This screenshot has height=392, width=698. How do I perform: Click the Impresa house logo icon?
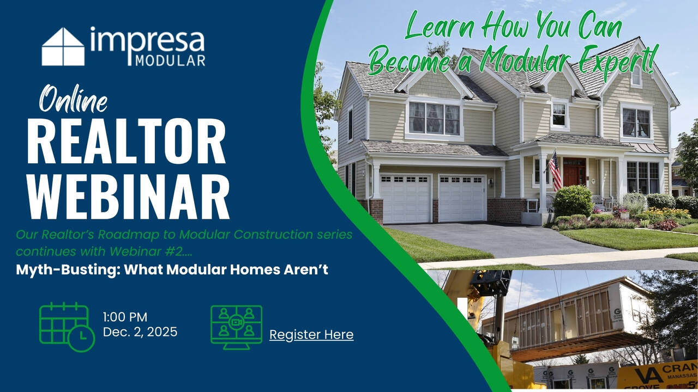tap(63, 47)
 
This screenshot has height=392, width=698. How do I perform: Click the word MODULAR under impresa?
tap(170, 60)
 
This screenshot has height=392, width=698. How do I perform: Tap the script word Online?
tap(73, 99)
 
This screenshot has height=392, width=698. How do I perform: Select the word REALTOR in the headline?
tap(126, 141)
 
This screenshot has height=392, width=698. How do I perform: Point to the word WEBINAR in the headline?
tap(128, 197)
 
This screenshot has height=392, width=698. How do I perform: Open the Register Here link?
tap(311, 335)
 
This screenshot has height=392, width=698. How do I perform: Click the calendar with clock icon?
tap(67, 327)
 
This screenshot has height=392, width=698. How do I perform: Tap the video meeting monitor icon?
tap(236, 327)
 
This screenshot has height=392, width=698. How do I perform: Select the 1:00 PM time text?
tap(125, 317)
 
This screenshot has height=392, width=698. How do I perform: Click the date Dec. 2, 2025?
tap(140, 332)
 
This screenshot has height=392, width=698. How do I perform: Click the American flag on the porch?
tap(555, 170)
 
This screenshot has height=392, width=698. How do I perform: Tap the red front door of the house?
tap(574, 173)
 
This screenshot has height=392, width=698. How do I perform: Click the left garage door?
tap(406, 199)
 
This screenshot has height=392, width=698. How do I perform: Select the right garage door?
tap(462, 198)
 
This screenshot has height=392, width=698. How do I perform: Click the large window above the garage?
tap(434, 119)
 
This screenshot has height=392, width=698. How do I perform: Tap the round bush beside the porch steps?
tap(573, 201)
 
